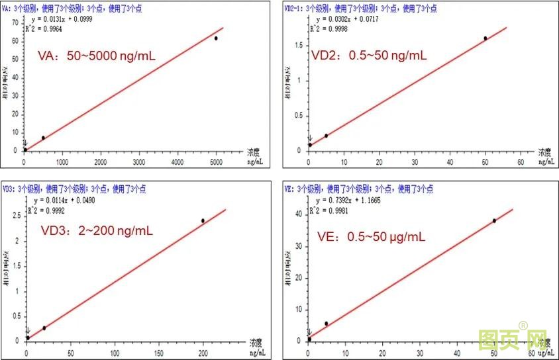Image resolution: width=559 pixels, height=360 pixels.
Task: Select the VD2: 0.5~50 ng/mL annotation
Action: coord(369,55)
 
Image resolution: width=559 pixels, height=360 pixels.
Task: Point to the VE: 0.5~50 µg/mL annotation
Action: coord(376,236)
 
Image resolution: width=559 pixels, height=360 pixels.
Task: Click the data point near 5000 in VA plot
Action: coord(216,38)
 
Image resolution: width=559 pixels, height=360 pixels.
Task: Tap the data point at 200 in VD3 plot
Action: coord(203,220)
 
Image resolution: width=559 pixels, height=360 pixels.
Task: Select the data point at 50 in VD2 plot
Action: coord(485,38)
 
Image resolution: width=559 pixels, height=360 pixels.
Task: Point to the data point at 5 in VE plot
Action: coord(326,324)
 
